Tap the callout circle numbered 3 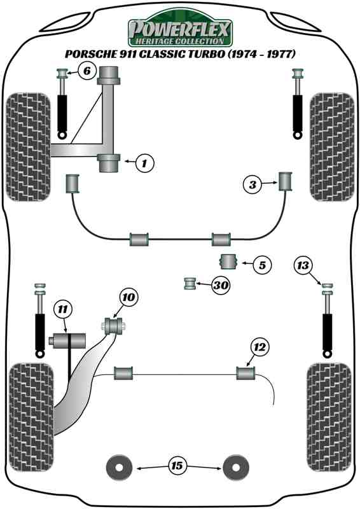click(x=253, y=185)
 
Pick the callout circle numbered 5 click(x=261, y=264)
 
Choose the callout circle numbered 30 click(x=220, y=286)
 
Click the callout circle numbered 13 click(x=304, y=265)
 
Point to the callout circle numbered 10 click(x=128, y=297)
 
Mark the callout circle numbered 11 click(x=62, y=310)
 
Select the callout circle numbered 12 click(x=260, y=347)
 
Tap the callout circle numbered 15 click(x=177, y=467)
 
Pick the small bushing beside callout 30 click(x=189, y=282)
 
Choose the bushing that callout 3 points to click(x=285, y=181)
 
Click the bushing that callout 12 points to click(x=246, y=372)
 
